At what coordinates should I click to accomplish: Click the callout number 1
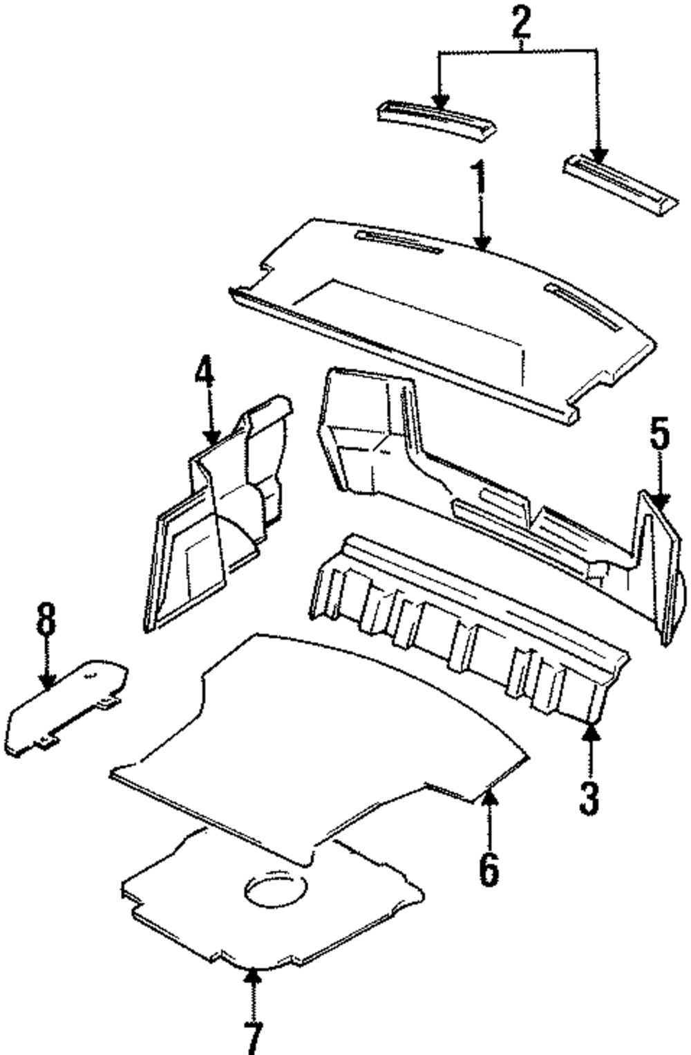coord(480,179)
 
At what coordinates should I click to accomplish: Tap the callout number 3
coord(589,798)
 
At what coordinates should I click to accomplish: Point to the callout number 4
coord(205,380)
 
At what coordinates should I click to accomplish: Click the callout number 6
coord(488,869)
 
